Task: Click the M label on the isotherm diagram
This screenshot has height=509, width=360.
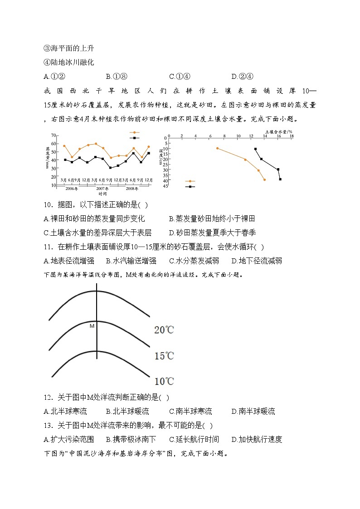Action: point(92,326)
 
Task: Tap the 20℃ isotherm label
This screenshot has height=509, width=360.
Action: point(164,330)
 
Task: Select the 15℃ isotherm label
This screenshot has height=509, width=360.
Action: point(164,356)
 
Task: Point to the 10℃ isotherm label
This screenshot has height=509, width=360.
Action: point(164,381)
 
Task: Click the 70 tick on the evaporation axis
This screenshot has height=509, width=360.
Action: point(53,136)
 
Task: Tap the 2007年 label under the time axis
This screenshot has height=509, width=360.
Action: point(102,188)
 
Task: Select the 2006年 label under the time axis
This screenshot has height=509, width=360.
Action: point(72,188)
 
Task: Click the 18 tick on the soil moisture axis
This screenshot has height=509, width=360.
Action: point(292,136)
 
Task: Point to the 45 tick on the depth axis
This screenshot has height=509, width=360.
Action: point(166,186)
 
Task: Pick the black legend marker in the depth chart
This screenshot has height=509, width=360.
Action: point(190,186)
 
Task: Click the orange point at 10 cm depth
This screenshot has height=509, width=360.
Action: point(217,148)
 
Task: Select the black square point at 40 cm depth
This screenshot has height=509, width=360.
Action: point(280,179)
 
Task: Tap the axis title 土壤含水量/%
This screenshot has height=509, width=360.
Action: point(278,131)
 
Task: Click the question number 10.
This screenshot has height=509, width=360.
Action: point(49,205)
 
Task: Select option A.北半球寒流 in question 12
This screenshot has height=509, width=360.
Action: point(65,412)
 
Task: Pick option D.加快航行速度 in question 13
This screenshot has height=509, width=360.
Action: point(257,439)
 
